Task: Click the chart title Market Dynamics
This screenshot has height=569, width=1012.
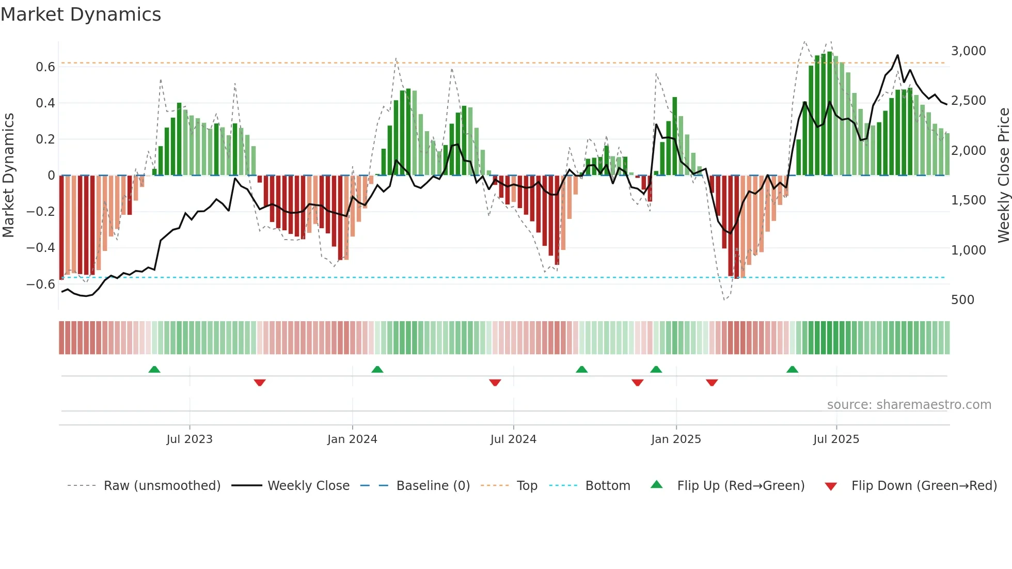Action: [81, 14]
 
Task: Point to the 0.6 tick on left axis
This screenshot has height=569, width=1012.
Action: [45, 67]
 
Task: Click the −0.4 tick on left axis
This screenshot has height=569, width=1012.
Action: [40, 247]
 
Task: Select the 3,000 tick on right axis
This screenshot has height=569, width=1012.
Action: [968, 51]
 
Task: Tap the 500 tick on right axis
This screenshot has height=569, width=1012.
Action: [962, 299]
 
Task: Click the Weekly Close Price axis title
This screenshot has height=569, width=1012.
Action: [1003, 175]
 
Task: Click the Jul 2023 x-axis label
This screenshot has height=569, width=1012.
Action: [189, 439]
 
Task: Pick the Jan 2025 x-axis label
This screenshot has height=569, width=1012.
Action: [676, 439]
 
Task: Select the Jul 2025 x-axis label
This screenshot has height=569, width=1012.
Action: [836, 439]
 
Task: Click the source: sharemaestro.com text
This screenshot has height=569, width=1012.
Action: [909, 404]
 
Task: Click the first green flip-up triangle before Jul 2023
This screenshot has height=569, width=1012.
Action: [154, 369]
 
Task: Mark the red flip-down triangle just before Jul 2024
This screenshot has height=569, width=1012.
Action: [495, 383]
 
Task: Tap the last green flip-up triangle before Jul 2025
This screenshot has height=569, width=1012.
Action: [792, 369]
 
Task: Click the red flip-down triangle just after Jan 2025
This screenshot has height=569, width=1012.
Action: [711, 383]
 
